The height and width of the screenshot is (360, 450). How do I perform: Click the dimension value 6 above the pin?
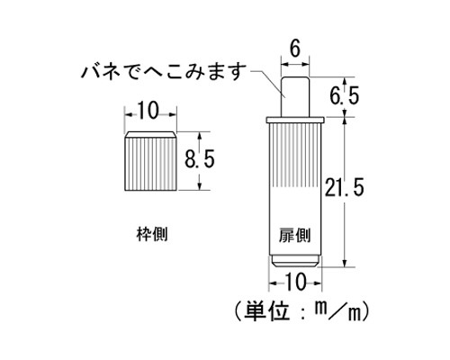coord(295,49)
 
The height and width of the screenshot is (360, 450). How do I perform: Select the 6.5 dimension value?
coord(345,96)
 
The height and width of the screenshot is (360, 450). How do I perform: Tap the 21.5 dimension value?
coord(345,187)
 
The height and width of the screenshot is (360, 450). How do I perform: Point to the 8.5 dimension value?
coord(200,159)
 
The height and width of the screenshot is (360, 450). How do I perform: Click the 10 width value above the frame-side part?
coord(148,111)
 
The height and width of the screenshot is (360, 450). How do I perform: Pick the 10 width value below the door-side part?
coord(295,282)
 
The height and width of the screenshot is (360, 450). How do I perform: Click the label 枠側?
coord(152,234)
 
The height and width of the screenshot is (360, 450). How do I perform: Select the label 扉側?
coord(294,235)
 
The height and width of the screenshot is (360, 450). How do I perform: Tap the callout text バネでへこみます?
coord(164,71)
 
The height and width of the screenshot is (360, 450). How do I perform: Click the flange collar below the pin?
coord(295,120)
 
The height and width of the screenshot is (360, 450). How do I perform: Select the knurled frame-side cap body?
coord(150,164)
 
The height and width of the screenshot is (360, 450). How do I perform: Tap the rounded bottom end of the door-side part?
coord(295,261)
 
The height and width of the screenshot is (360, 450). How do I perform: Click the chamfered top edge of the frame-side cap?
coord(150,134)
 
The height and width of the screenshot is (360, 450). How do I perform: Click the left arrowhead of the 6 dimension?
coord(283,64)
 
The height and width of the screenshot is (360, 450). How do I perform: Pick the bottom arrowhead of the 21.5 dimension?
coord(345,264)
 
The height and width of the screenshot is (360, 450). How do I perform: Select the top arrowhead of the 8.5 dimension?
coord(200,135)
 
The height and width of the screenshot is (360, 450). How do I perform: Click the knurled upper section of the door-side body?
coord(294,155)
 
